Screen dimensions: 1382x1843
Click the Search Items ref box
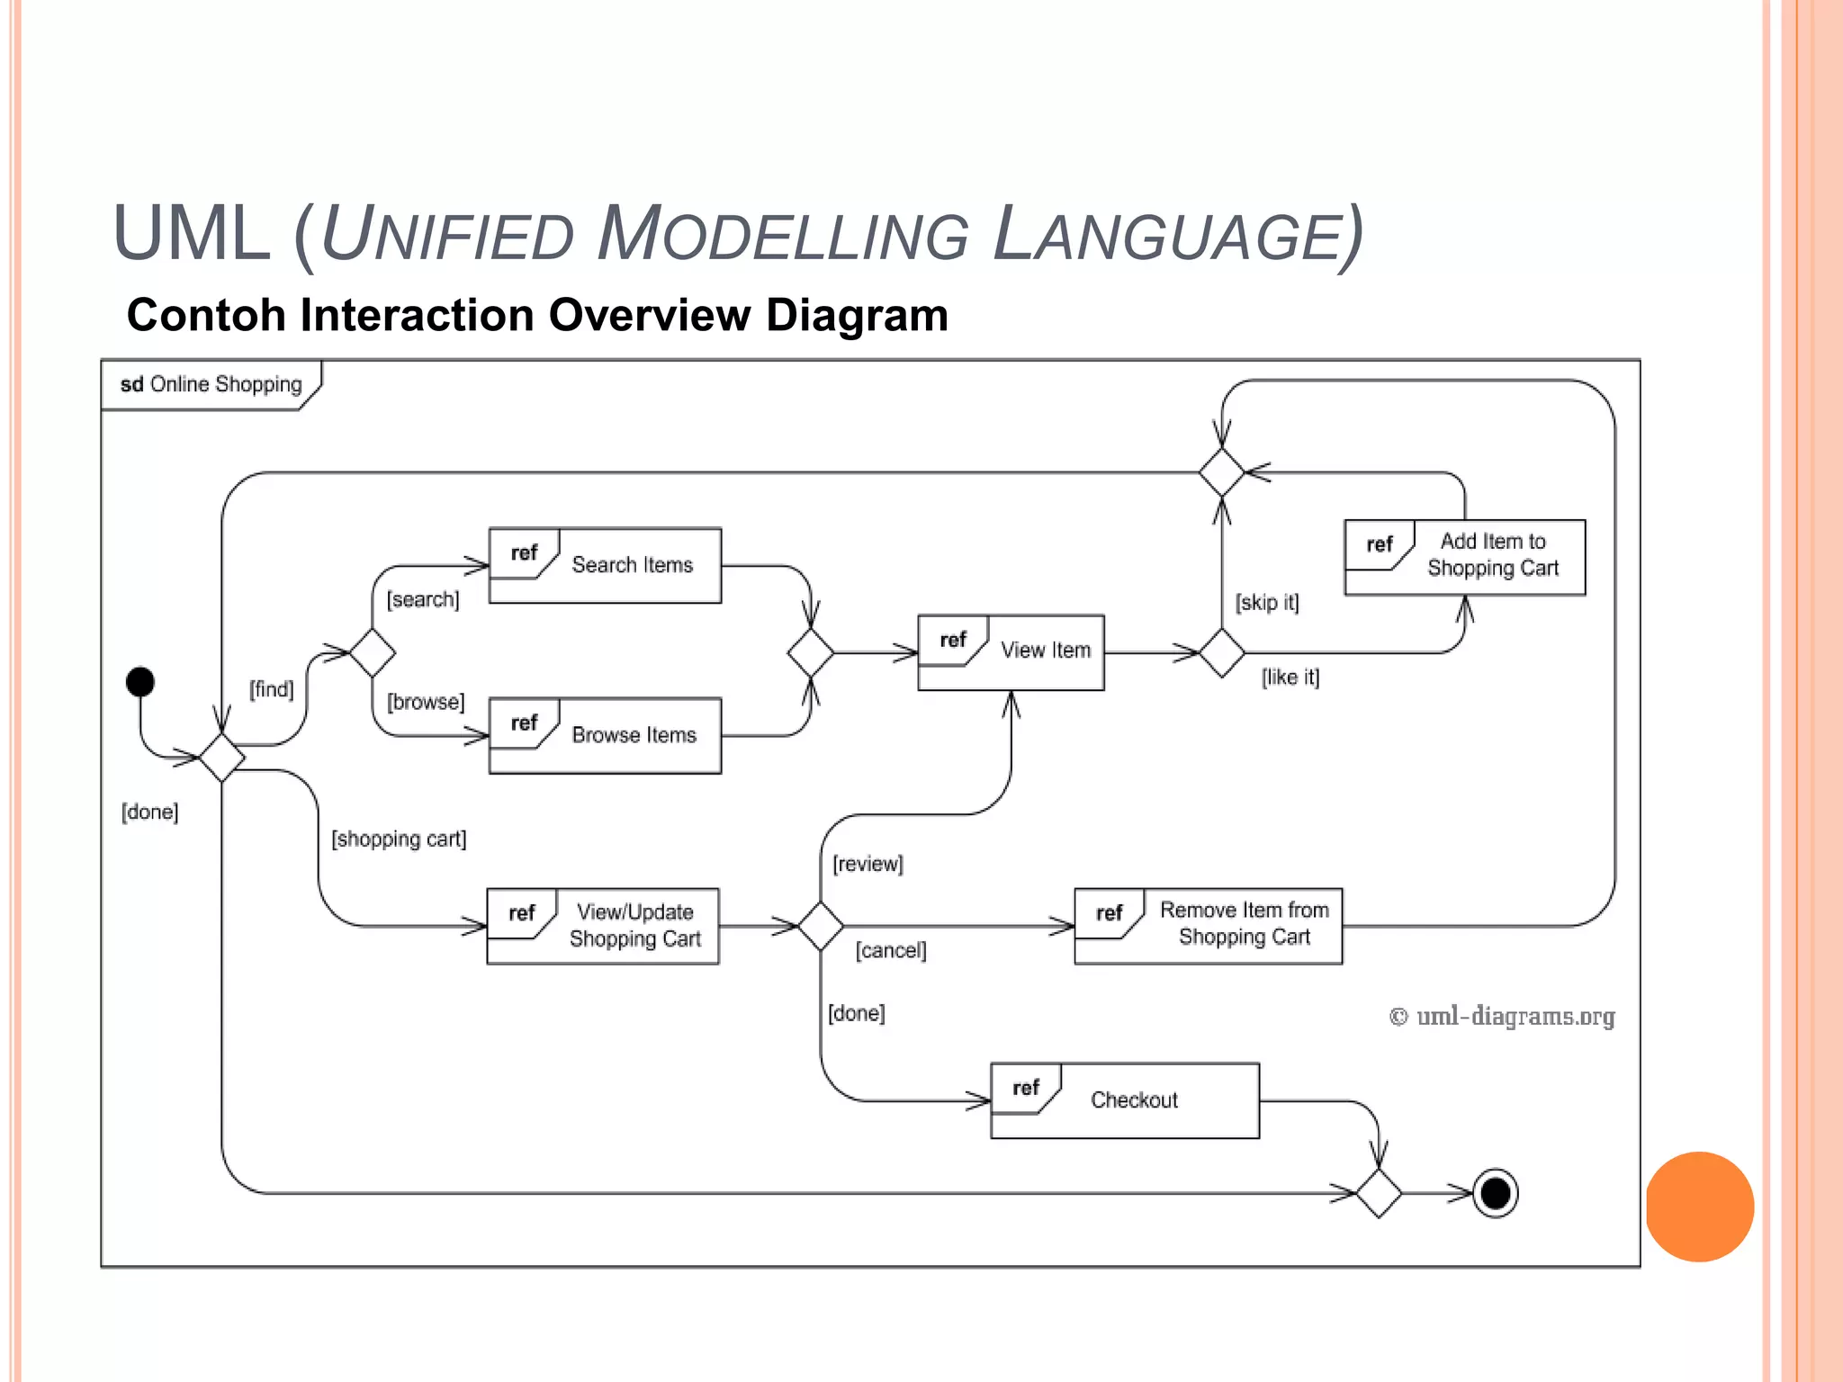(605, 565)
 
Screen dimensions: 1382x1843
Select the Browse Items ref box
(605, 735)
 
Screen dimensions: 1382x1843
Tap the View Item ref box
(1011, 652)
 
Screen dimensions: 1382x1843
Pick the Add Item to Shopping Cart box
(1464, 557)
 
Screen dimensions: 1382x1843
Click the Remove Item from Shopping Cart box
(1208, 926)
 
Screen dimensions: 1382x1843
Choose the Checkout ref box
(1124, 1100)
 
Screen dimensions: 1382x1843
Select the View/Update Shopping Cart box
(603, 926)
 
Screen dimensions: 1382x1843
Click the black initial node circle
(140, 681)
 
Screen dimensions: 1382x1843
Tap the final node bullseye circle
(1495, 1193)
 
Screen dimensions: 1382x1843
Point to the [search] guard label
(423, 599)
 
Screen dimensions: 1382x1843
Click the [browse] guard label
(426, 702)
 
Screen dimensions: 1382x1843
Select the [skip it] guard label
(1267, 602)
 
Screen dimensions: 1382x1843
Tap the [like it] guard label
(1290, 677)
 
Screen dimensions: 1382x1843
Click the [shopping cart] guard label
(399, 839)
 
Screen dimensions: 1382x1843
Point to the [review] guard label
(868, 864)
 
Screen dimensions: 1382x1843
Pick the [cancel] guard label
(890, 950)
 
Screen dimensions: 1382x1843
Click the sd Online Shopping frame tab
(211, 385)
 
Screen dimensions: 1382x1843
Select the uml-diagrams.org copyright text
(1502, 1016)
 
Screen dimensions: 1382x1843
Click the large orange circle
(1699, 1206)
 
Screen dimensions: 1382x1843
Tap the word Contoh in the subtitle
(205, 316)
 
